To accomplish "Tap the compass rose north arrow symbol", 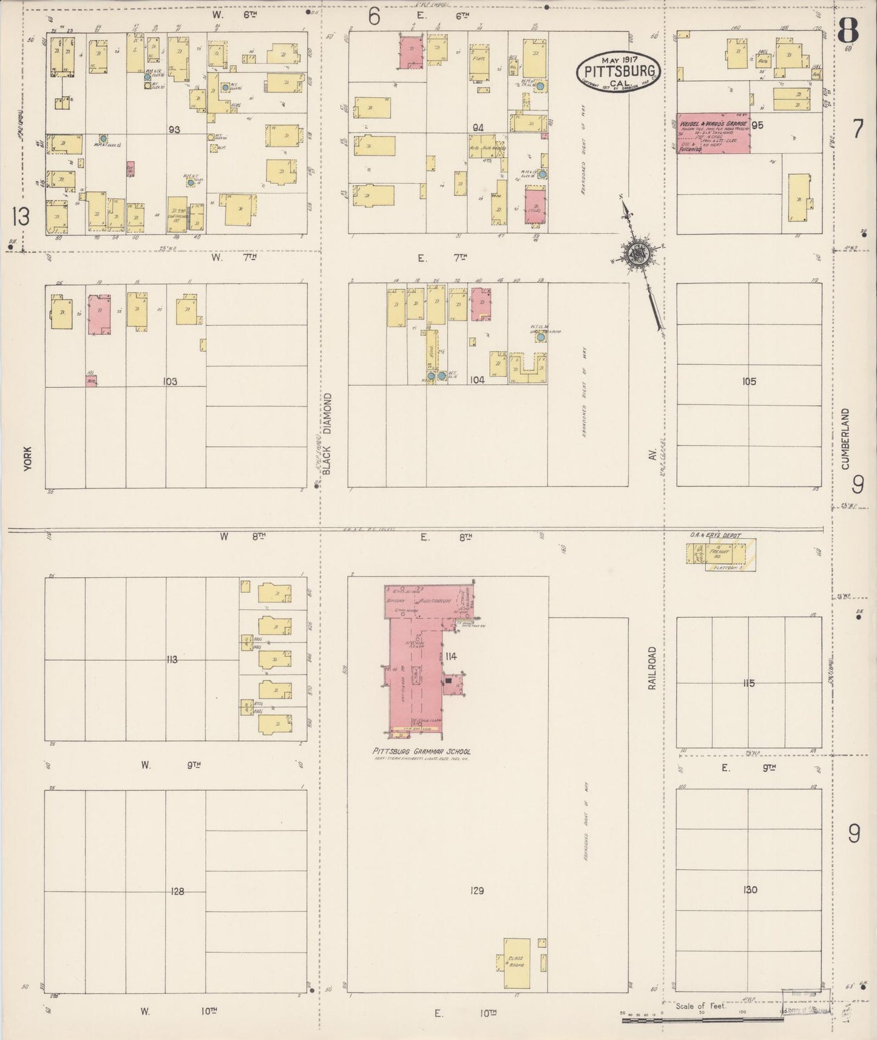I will point(637,254).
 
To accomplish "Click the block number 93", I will point(175,129).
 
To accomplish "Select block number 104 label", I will point(477,380).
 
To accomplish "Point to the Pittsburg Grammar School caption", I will point(421,751).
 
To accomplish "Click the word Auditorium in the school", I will point(432,600).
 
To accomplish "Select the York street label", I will point(27,458).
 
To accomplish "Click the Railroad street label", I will point(652,667).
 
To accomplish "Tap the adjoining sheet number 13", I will point(20,216).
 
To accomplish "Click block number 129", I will point(477,891).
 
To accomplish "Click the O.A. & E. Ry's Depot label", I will point(714,536).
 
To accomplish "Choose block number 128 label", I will point(177,891).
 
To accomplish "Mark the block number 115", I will point(748,683).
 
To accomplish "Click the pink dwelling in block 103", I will point(99,314).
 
